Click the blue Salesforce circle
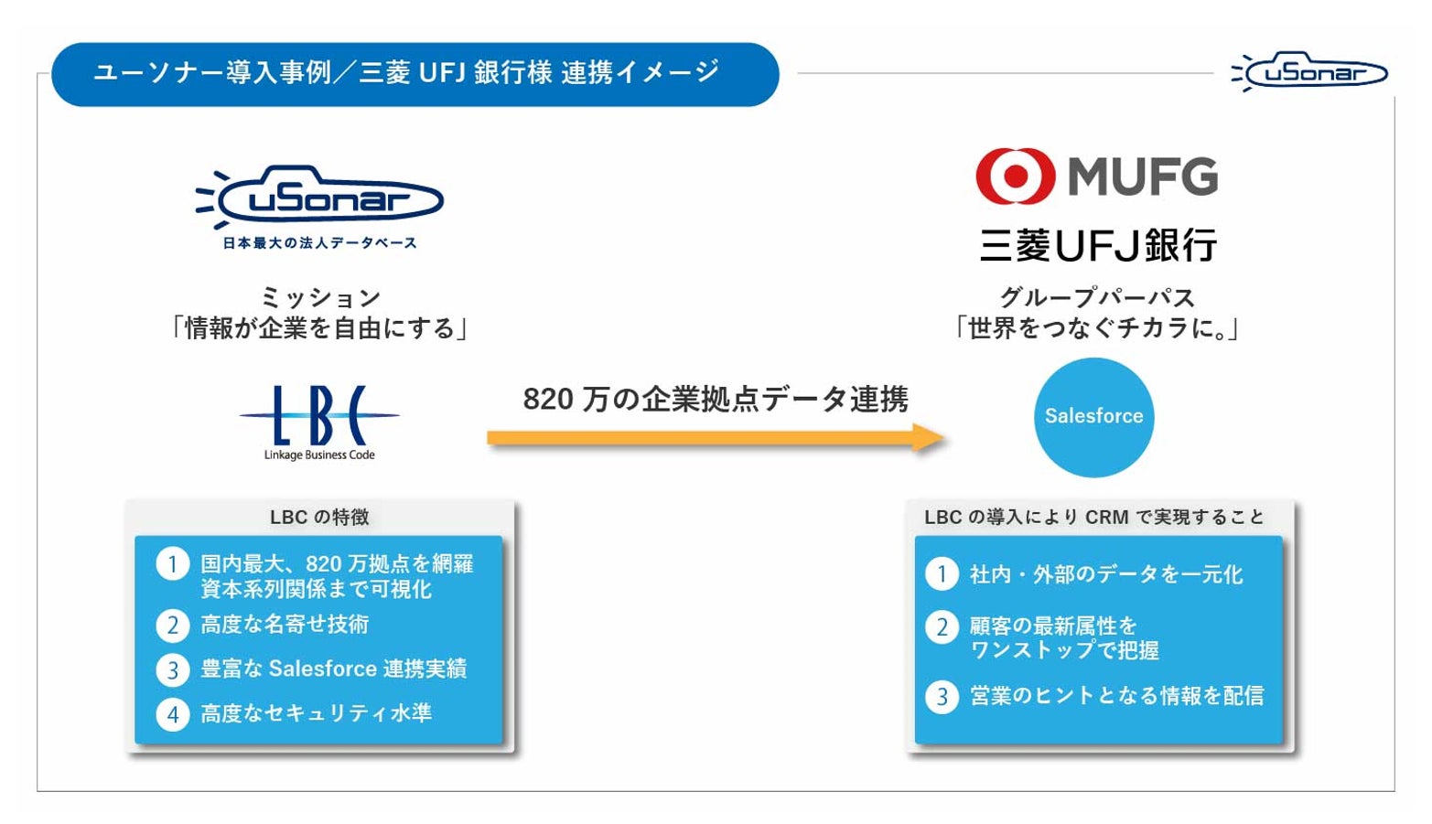pos(1093,417)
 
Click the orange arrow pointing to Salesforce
pos(714,438)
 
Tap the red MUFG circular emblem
pos(1015,176)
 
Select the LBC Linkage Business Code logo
pos(319,421)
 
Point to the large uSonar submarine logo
pos(320,196)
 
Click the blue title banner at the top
pos(415,74)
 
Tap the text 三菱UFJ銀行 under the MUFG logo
pos(1098,245)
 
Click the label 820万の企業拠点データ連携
pos(716,399)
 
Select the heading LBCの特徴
pos(319,517)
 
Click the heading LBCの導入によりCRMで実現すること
pos(1093,517)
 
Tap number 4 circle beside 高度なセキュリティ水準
pos(172,714)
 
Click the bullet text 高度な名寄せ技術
pos(285,625)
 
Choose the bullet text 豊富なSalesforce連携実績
pos(333,669)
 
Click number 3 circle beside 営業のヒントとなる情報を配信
pos(942,697)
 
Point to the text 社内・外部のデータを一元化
pos(1106,574)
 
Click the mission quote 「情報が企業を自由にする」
pos(319,328)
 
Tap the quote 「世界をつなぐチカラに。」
pos(1096,328)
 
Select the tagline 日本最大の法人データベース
pos(319,243)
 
